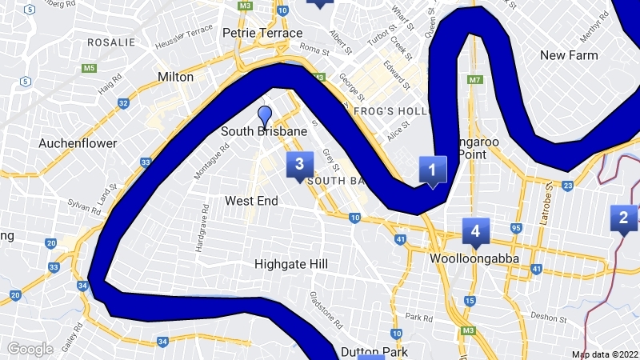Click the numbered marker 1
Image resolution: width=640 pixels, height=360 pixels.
tap(432, 170)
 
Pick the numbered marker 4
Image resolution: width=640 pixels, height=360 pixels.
tap(475, 231)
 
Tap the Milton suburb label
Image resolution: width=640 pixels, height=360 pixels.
tap(176, 77)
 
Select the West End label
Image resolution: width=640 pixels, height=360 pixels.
tap(250, 200)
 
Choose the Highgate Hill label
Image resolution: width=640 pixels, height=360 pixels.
tap(291, 263)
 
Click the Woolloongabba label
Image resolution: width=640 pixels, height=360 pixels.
tap(474, 259)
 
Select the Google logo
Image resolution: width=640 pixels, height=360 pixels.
tap(30, 349)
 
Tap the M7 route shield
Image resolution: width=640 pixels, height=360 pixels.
tap(475, 79)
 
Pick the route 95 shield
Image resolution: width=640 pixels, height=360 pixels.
tap(515, 229)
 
